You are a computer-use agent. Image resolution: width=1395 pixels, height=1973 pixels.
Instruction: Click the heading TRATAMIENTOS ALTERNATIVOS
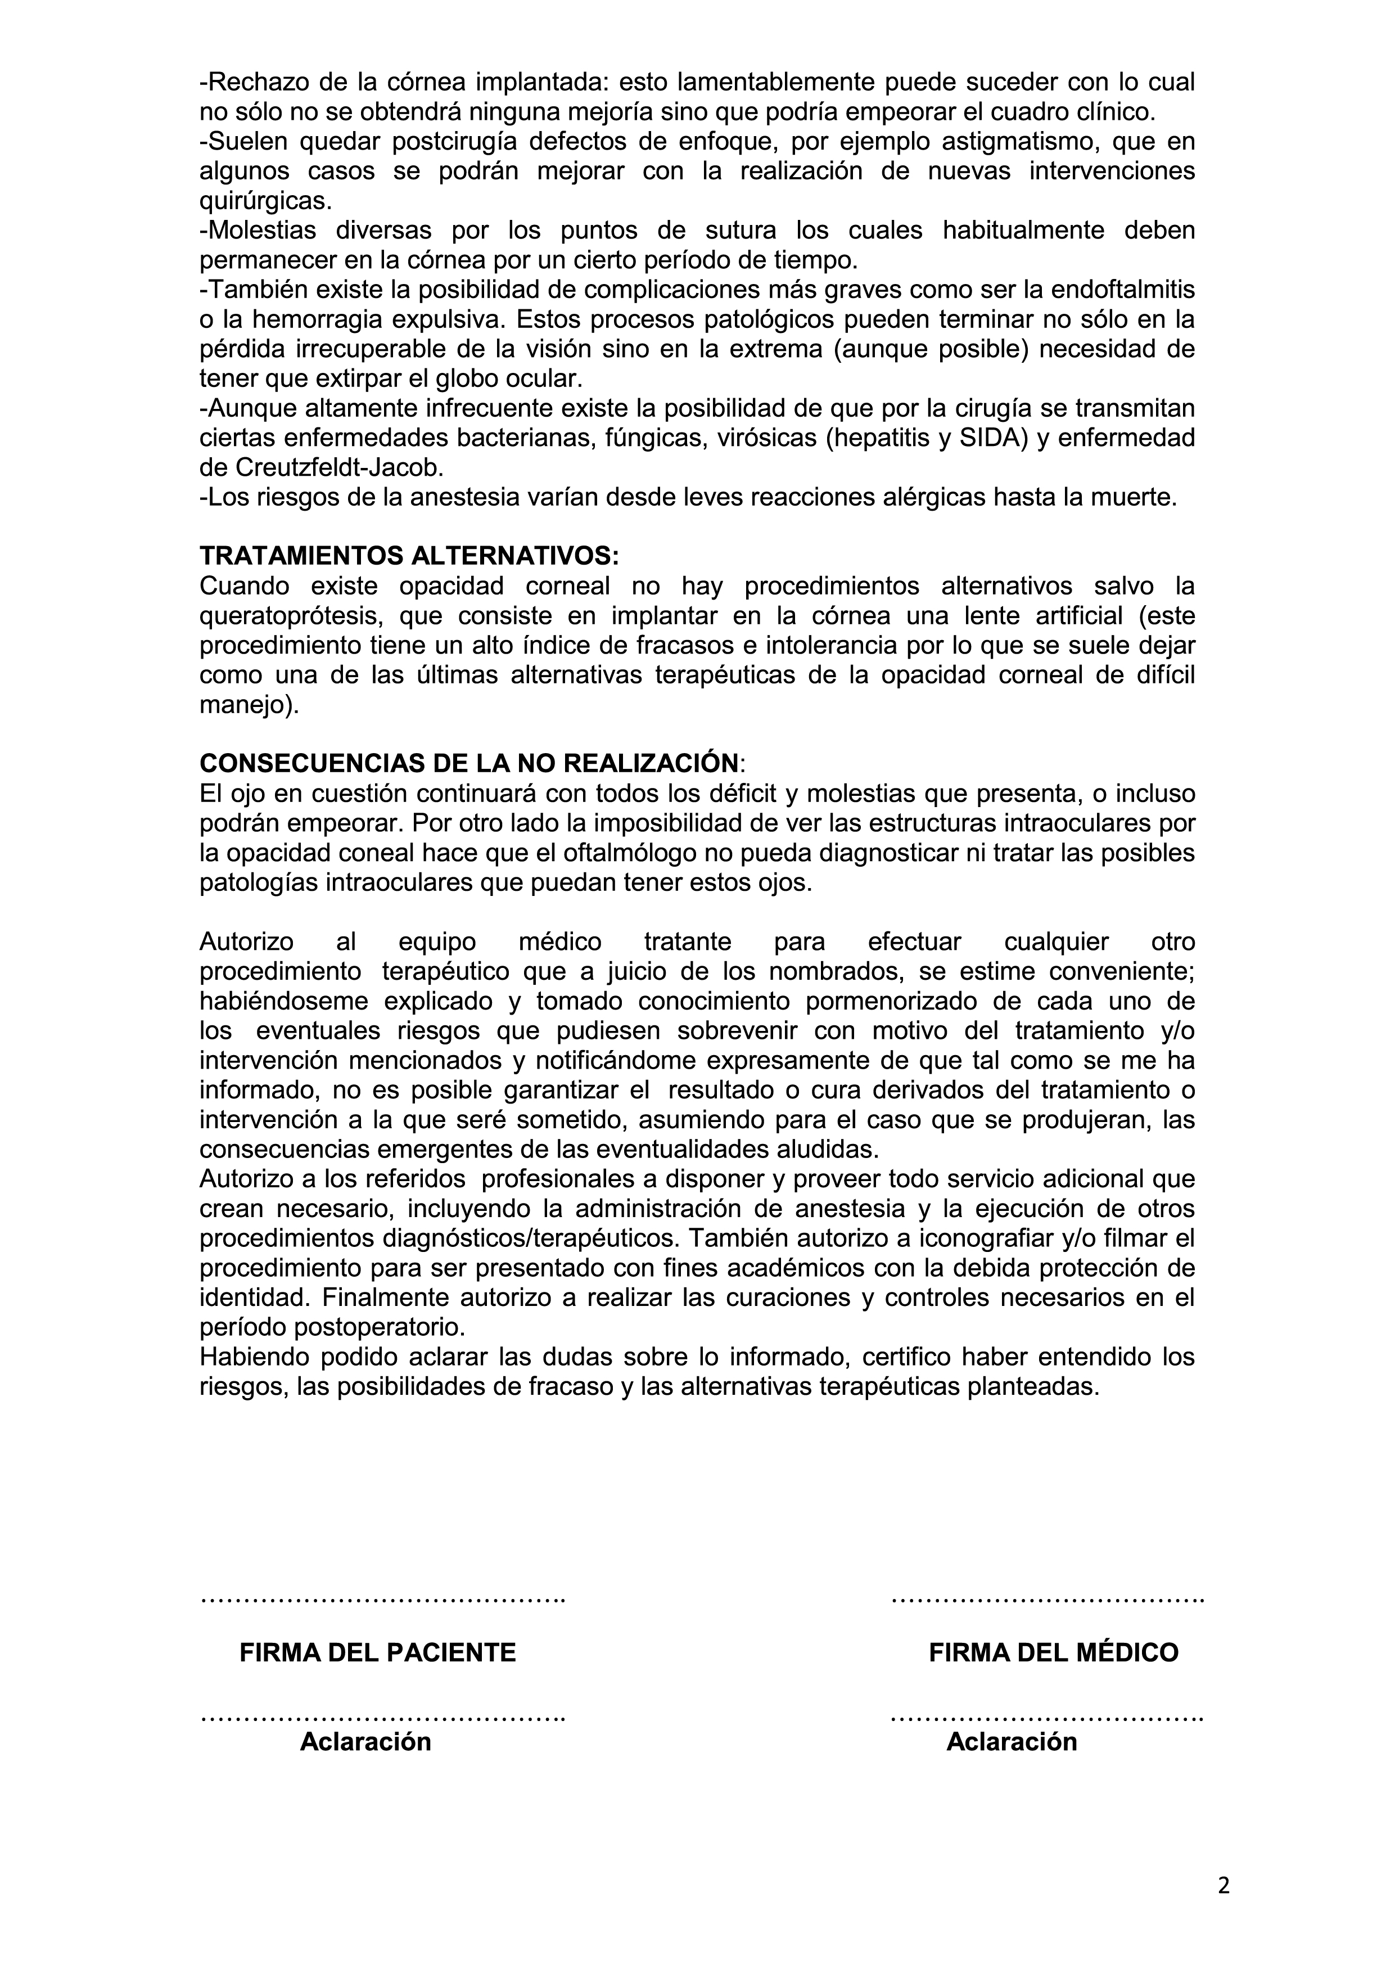(x=409, y=556)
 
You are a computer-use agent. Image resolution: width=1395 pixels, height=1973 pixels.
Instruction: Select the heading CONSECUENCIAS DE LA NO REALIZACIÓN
(x=469, y=763)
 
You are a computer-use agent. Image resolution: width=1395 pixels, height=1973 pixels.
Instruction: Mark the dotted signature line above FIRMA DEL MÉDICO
(x=1048, y=1601)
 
